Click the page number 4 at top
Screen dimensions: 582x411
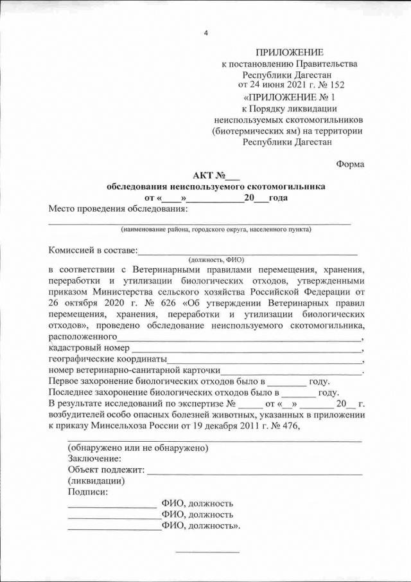pos(205,33)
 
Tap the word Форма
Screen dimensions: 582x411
pos(350,164)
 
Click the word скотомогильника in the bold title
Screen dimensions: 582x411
pos(286,186)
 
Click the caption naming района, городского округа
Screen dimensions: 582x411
pos(216,229)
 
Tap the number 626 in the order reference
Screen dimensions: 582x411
pos(140,304)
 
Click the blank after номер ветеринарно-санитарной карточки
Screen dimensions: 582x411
pos(292,371)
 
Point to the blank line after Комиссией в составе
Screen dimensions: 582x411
pos(248,251)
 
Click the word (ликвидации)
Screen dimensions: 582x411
pos(96,481)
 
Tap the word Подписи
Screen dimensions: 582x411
pos(88,492)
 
